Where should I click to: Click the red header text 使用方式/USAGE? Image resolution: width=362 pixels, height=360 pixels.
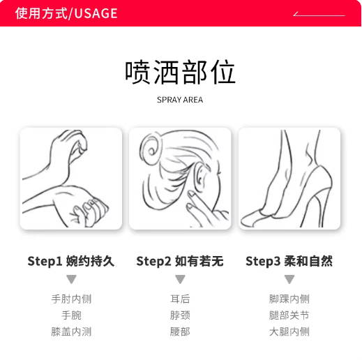tap(66, 13)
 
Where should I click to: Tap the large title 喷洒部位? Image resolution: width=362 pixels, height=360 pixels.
tap(181, 72)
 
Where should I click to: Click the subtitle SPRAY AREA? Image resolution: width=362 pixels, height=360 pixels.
tap(180, 100)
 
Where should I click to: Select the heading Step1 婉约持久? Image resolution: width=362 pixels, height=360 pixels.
tap(71, 261)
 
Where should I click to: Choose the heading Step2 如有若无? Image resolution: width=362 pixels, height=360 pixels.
tap(180, 261)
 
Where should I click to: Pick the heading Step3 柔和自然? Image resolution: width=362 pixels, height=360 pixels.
tap(289, 261)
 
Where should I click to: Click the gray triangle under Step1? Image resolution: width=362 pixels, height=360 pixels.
tap(71, 279)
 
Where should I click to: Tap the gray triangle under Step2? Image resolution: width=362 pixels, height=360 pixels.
tap(180, 279)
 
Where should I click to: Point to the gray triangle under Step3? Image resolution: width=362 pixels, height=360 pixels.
tap(289, 279)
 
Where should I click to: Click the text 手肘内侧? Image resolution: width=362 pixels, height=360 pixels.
tap(71, 299)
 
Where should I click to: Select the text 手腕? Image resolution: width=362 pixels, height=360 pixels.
tap(71, 315)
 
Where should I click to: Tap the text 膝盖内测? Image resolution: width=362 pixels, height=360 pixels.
tap(71, 331)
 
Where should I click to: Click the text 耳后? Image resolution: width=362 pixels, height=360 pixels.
tap(180, 299)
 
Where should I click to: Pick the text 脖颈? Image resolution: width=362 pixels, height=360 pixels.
tap(180, 315)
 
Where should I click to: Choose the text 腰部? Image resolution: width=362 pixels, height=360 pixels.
tap(180, 331)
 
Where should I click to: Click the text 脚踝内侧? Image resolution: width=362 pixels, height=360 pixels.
tap(289, 299)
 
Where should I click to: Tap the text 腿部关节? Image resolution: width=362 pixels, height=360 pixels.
tap(289, 315)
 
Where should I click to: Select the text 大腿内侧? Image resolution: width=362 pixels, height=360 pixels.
tap(289, 331)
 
